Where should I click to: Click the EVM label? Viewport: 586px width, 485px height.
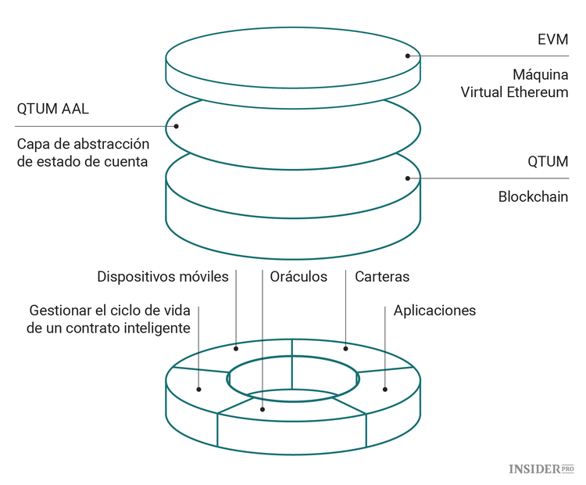tap(552, 39)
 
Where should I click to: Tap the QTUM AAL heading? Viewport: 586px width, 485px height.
tap(52, 109)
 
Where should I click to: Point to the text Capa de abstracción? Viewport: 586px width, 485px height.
tap(82, 144)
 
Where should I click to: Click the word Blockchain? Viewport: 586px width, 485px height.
tap(533, 196)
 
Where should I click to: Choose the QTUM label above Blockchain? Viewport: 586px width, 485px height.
tap(547, 161)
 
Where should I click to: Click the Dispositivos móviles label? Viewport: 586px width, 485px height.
tap(163, 276)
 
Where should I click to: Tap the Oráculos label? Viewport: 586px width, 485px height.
tap(298, 276)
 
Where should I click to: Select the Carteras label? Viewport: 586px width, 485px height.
tap(382, 276)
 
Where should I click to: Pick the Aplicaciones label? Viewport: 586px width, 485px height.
tap(434, 310)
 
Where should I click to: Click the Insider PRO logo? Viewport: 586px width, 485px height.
tap(541, 469)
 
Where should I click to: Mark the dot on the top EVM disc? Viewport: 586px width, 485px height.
tap(407, 56)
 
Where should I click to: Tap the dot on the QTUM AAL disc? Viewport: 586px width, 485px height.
tap(177, 126)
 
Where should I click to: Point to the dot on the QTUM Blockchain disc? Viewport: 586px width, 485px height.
tap(407, 178)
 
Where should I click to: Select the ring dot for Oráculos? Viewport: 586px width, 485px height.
tap(263, 408)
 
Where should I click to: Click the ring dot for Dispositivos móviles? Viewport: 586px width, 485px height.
tap(236, 349)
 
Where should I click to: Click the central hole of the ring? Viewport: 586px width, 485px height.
tap(293, 379)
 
